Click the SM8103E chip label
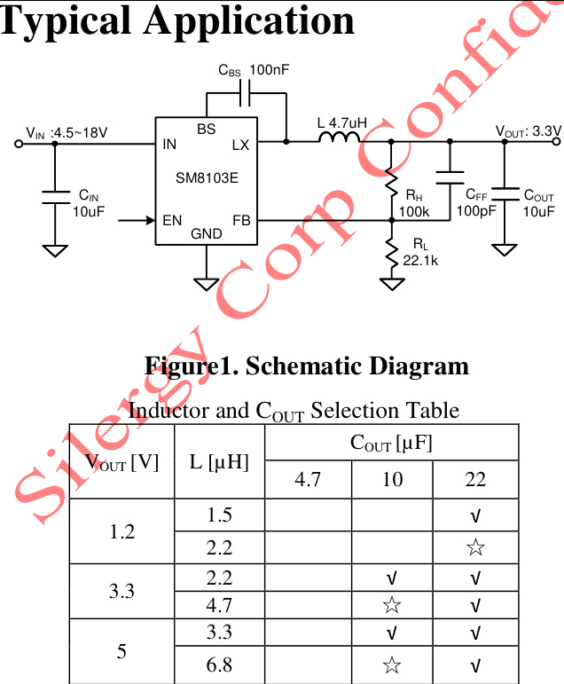[x=207, y=177]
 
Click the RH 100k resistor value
[x=414, y=212]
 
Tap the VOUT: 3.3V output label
[x=528, y=132]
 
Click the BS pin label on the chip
[x=206, y=129]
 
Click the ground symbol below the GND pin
[x=207, y=283]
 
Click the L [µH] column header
[x=219, y=461]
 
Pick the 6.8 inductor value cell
[x=219, y=664]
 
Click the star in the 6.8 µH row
[x=392, y=664]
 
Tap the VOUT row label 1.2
[x=121, y=532]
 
